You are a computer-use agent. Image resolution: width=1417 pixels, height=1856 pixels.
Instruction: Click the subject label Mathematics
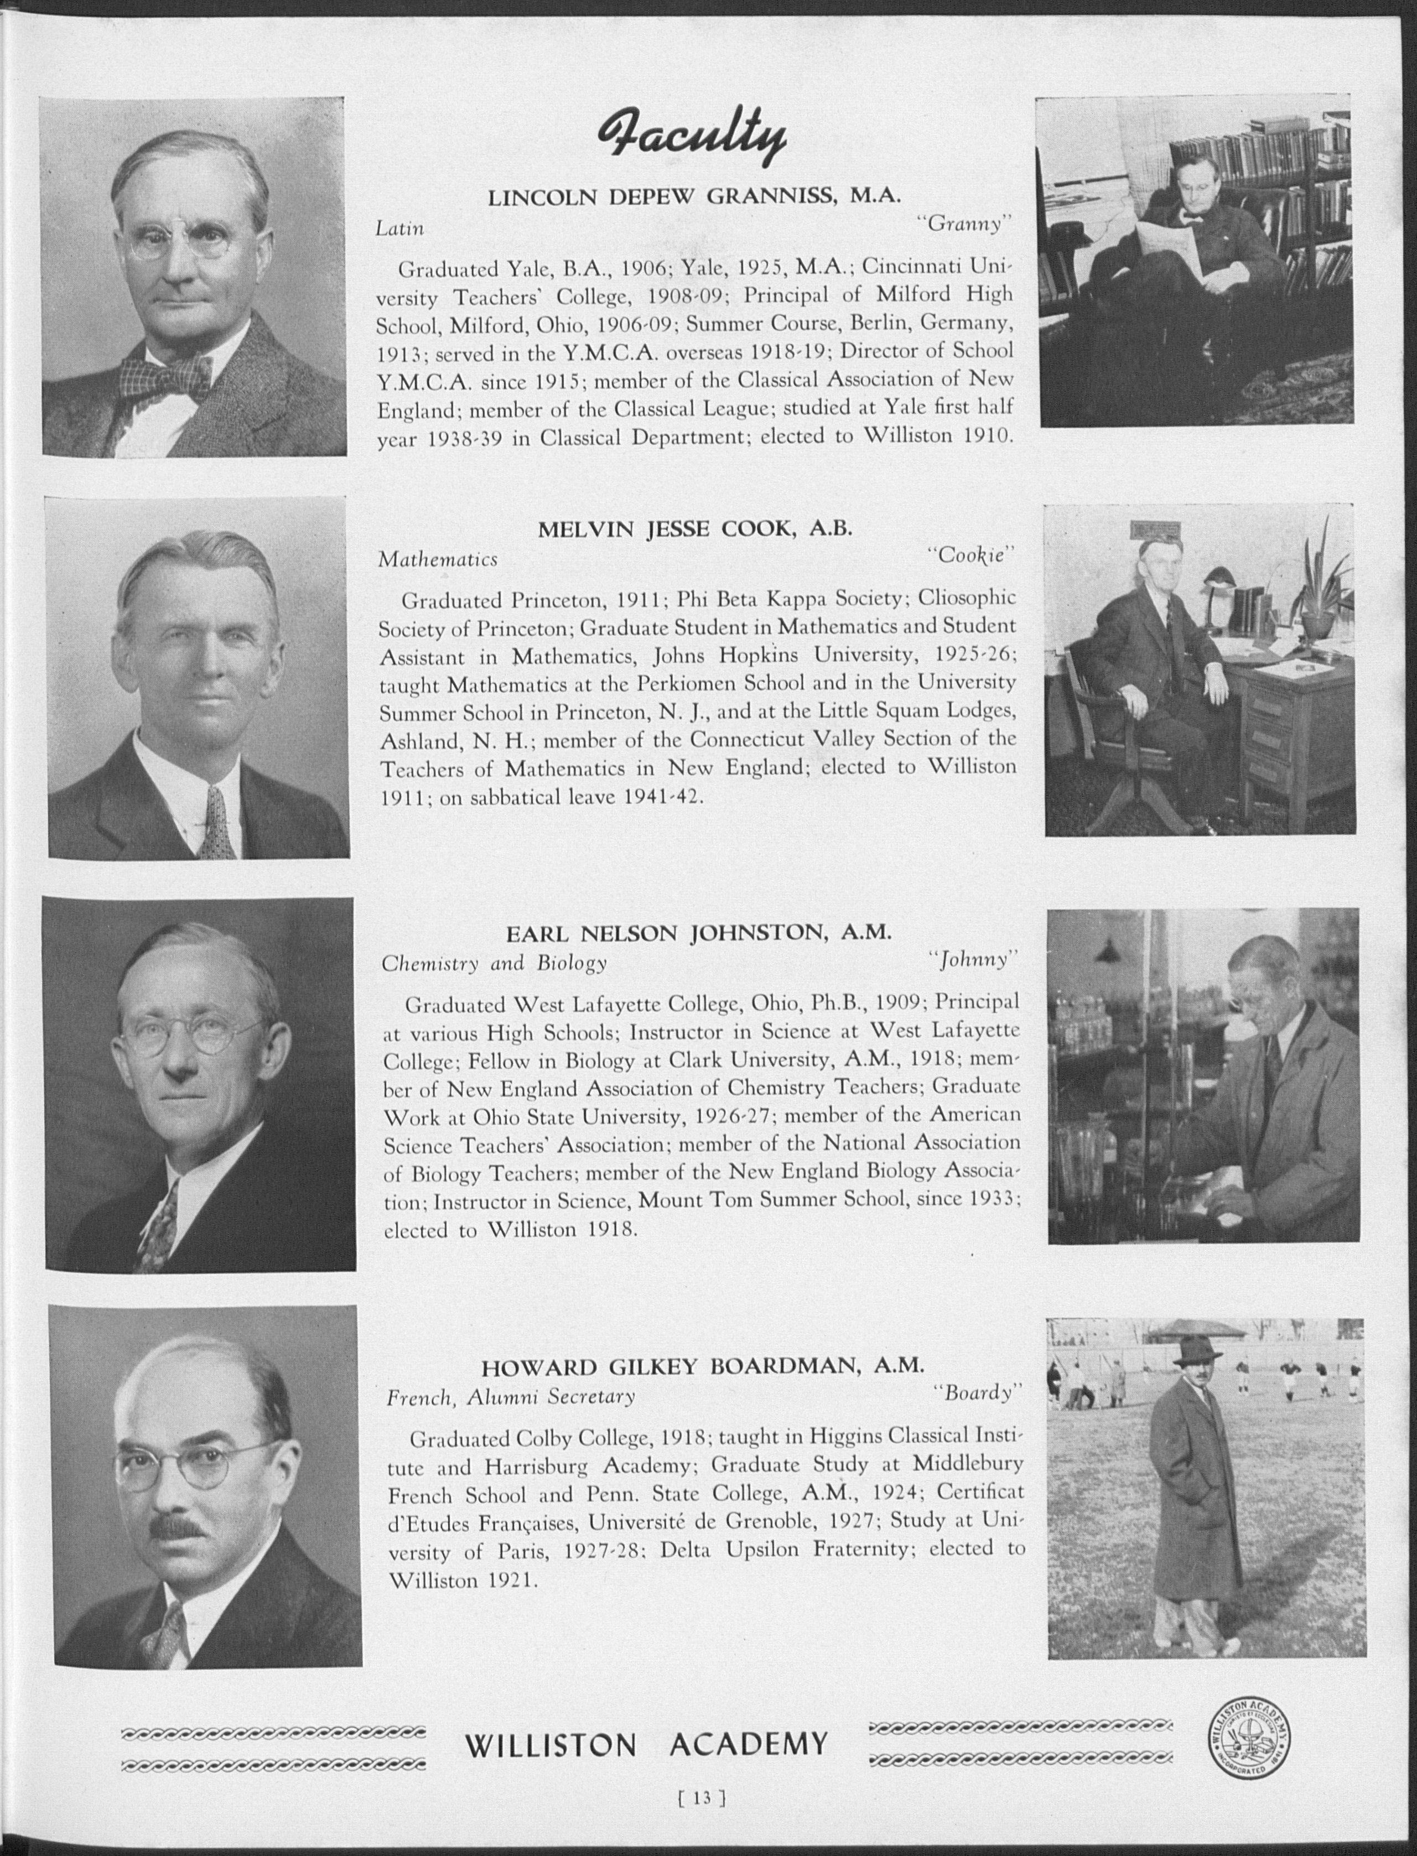pyautogui.click(x=438, y=559)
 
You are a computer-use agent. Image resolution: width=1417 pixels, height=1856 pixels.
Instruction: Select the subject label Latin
pyautogui.click(x=400, y=228)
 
